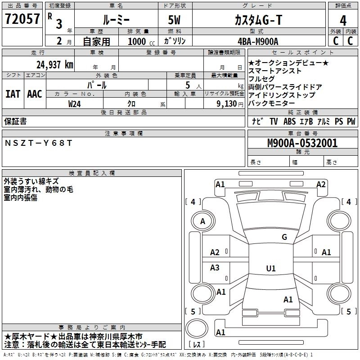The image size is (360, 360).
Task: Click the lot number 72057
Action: pyautogui.click(x=22, y=19)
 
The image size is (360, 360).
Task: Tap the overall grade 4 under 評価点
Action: pyautogui.click(x=343, y=21)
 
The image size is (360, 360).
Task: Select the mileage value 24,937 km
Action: pyautogui.click(x=55, y=65)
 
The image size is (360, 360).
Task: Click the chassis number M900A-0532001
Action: pyautogui.click(x=302, y=143)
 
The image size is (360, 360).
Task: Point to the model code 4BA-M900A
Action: pyautogui.click(x=258, y=41)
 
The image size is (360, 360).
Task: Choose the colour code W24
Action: pyautogui.click(x=74, y=104)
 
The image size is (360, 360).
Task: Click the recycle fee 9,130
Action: pyautogui.click(x=227, y=104)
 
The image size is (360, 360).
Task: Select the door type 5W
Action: pyautogui.click(x=174, y=20)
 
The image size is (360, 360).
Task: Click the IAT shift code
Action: pyautogui.click(x=13, y=94)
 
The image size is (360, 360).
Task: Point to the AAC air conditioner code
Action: pyautogui.click(x=35, y=94)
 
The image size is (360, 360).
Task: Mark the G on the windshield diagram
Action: pyautogui.click(x=284, y=237)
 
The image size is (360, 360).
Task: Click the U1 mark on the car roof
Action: pyautogui.click(x=271, y=268)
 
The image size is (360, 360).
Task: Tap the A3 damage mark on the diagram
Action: pyautogui.click(x=215, y=267)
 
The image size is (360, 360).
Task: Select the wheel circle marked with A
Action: pyautogui.click(x=203, y=221)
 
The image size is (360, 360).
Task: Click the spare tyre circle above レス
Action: pyautogui.click(x=197, y=328)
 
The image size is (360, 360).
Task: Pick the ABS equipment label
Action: pyautogui.click(x=289, y=121)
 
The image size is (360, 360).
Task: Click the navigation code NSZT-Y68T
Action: pyautogui.click(x=38, y=143)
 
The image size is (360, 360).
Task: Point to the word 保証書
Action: pyautogui.click(x=15, y=121)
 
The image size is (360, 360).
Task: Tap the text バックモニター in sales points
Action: pyautogui.click(x=271, y=103)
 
